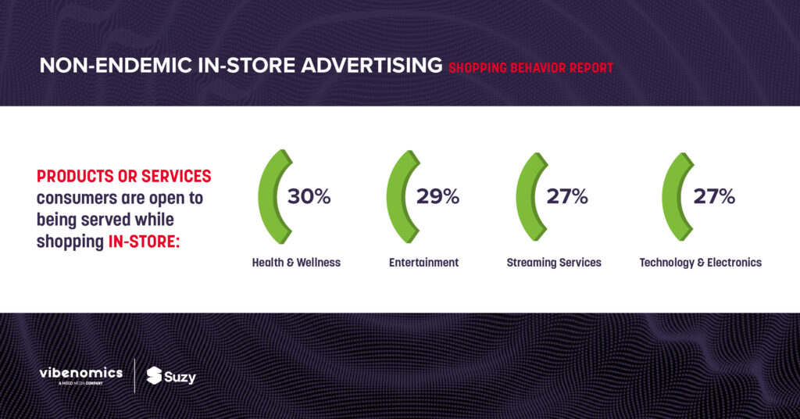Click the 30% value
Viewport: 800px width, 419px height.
coord(309,196)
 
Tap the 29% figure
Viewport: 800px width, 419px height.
coord(437,196)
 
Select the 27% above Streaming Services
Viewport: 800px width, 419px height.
coord(567,196)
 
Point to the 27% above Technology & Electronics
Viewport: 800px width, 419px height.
coord(714,196)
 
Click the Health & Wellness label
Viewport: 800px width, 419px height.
coord(296,263)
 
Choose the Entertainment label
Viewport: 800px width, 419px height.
coord(423,263)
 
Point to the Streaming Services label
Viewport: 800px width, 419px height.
coord(554,263)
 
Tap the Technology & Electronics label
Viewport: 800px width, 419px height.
coord(701,263)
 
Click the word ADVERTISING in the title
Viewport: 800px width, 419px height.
coord(371,66)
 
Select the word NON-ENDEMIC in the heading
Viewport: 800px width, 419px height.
coord(116,66)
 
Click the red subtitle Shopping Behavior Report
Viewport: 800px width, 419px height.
coord(530,68)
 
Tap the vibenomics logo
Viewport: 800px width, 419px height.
coord(81,375)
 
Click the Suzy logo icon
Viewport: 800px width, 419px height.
coord(154,376)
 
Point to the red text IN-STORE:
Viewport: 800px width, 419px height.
coord(144,242)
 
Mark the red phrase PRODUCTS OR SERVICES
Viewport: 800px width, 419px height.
coord(124,176)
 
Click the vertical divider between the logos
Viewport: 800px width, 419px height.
coord(134,376)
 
